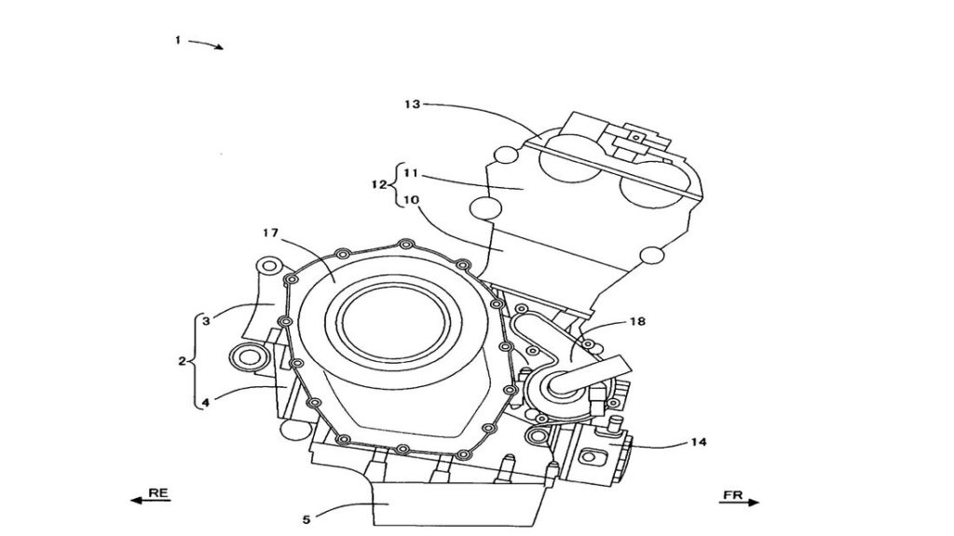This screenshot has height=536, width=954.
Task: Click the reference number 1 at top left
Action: [x=178, y=40]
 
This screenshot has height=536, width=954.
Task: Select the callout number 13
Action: [x=412, y=104]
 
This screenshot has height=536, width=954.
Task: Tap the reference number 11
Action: [x=410, y=173]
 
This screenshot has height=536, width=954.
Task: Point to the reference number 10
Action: [x=410, y=199]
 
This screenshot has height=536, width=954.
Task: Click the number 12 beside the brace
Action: [x=379, y=184]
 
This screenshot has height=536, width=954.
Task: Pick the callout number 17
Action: [x=270, y=232]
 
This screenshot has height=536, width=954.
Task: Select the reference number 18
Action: [x=637, y=321]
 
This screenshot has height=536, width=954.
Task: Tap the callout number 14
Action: [x=699, y=442]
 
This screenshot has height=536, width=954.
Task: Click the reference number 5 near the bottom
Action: [x=307, y=519]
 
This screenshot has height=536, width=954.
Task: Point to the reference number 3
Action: [x=206, y=321]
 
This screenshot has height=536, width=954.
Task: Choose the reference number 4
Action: [x=206, y=402]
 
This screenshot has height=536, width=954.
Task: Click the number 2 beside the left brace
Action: [x=182, y=361]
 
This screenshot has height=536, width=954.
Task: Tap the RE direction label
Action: [x=158, y=492]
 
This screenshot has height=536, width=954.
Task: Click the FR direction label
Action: [x=732, y=495]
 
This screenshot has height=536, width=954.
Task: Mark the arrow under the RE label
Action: [x=151, y=500]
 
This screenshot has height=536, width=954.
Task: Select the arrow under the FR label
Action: [x=739, y=502]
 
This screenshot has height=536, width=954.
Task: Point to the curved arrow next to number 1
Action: [x=206, y=43]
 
